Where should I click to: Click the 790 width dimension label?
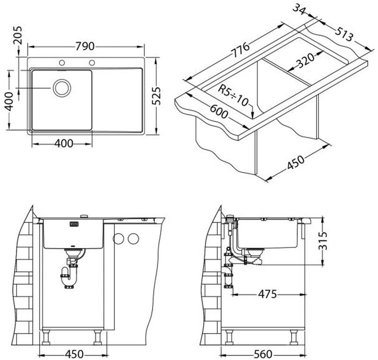(x=85, y=46)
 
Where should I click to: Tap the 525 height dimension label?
(x=156, y=95)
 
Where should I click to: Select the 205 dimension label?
(x=17, y=35)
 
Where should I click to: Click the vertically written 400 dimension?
(x=9, y=102)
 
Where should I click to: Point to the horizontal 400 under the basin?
(x=64, y=144)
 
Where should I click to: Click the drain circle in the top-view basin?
(x=62, y=88)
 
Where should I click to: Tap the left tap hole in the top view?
(x=62, y=63)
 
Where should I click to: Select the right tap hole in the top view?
(x=92, y=63)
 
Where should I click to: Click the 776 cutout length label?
(x=240, y=50)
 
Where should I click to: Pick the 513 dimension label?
(x=344, y=34)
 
